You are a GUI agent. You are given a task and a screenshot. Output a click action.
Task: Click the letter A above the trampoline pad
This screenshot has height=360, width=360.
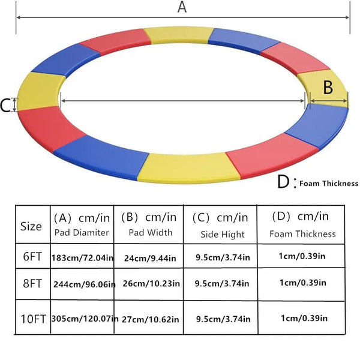click(182, 7)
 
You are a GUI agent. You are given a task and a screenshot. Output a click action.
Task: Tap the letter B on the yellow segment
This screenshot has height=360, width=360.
click(328, 88)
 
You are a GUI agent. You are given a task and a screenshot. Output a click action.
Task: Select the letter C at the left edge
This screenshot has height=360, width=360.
click(5, 106)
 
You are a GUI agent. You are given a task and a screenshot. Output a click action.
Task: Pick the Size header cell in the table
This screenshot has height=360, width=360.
click(31, 226)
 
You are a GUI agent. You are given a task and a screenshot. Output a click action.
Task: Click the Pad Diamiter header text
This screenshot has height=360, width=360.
click(82, 233)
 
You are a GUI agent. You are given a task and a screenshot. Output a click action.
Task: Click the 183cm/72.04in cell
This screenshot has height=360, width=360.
click(82, 257)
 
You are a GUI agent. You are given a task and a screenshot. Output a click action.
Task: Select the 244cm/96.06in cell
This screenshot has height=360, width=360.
click(83, 284)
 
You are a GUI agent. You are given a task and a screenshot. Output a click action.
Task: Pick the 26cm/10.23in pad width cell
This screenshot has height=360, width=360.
click(150, 284)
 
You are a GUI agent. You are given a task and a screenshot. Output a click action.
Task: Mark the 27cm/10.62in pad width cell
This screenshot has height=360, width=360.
click(150, 319)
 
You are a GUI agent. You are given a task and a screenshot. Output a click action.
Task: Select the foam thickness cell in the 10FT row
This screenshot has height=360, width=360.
click(305, 318)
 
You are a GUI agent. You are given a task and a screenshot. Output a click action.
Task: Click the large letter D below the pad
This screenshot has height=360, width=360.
click(284, 182)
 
